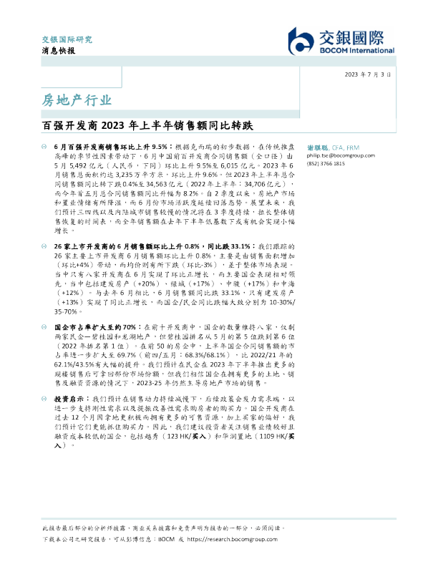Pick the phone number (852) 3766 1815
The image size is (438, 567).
pos(326,163)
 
